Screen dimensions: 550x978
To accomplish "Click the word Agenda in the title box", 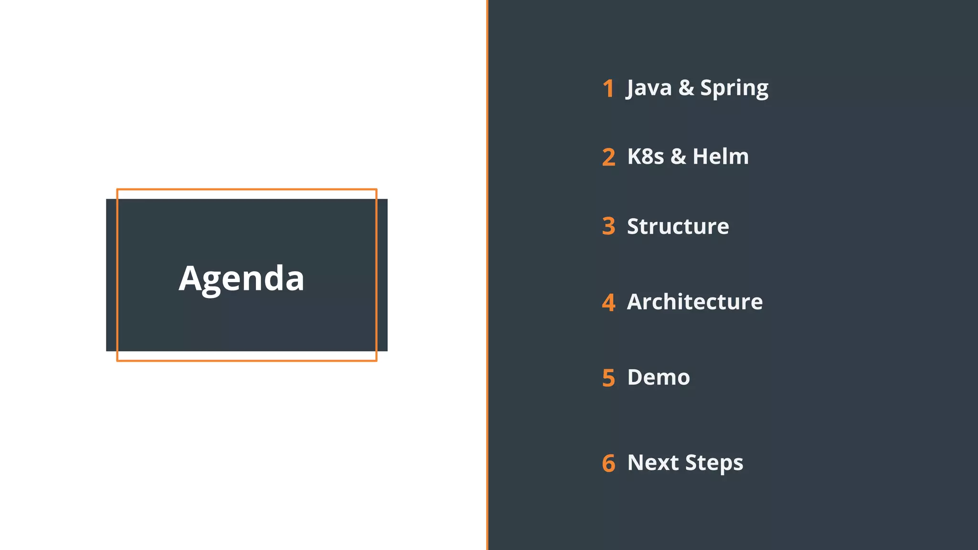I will tap(241, 278).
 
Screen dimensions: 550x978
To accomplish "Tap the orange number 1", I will tap(608, 89).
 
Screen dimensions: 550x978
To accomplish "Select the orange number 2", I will tap(608, 157).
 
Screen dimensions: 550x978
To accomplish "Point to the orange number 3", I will tap(608, 226).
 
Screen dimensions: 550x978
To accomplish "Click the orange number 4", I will tap(608, 302).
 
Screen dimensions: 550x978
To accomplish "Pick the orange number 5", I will tap(608, 378).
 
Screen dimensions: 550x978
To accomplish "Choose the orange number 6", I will tap(608, 463).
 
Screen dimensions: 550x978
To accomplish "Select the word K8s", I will tap(645, 157).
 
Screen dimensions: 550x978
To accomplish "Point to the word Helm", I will tap(721, 157).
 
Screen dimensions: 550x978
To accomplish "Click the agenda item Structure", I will tap(678, 226).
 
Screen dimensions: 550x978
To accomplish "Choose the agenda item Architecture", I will tap(694, 302).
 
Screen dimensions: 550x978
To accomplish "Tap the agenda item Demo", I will tap(659, 377).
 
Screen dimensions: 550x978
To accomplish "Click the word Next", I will tap(653, 463).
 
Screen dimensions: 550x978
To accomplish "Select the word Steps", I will tap(714, 463).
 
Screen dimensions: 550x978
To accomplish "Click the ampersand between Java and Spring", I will tap(686, 88).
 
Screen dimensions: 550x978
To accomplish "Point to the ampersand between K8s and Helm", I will tap(678, 157).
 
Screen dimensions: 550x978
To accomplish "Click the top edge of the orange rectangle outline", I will tap(246, 190).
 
